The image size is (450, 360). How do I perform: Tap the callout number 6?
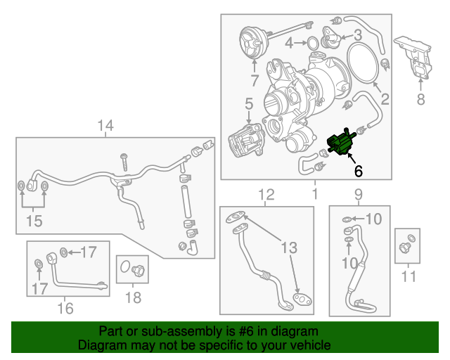[x=358, y=170]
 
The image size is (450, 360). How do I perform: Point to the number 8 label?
[x=420, y=99]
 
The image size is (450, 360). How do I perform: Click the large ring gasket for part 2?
[x=361, y=63]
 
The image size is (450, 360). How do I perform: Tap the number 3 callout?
[x=358, y=34]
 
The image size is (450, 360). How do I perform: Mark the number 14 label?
[x=105, y=126]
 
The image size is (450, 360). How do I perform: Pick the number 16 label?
[x=65, y=307]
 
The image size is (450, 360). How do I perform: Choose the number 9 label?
[x=358, y=194]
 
